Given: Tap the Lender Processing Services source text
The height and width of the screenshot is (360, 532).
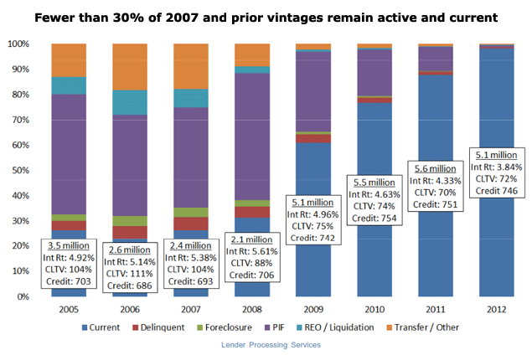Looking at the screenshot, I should point(266,345).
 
